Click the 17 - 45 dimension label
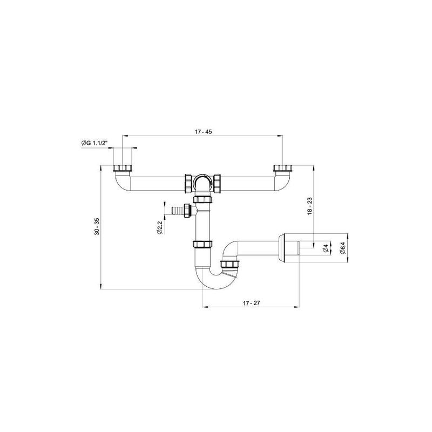(203, 132)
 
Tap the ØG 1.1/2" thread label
(94, 143)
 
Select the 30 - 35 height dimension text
(97, 226)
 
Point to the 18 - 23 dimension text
(309, 206)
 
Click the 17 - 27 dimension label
(251, 303)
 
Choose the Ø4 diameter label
(326, 248)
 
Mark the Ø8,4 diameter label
(342, 248)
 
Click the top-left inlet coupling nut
(123, 168)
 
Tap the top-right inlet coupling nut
(283, 168)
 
